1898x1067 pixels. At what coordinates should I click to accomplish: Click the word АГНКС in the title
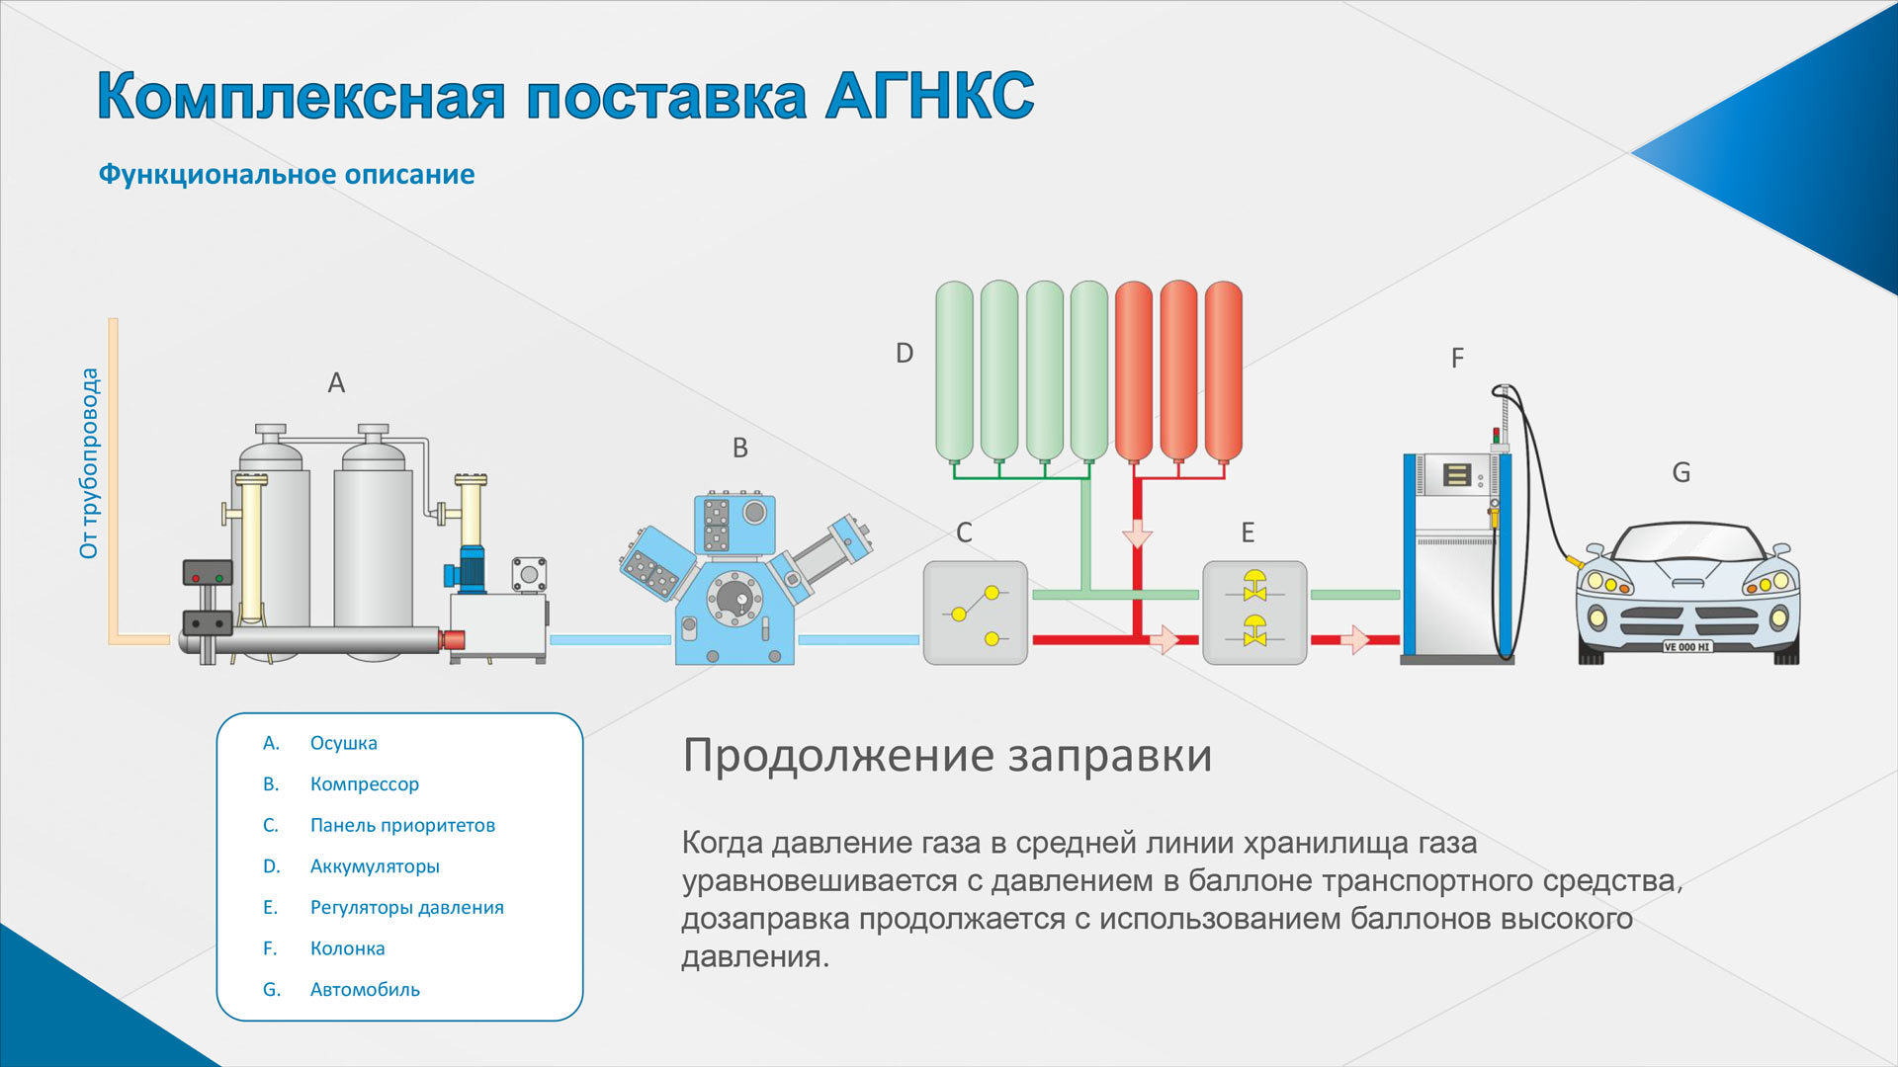[x=930, y=97]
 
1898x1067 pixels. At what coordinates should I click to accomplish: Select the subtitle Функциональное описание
[x=287, y=175]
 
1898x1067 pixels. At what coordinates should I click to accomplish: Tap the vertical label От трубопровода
[x=89, y=463]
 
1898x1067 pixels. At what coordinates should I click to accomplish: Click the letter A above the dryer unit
[x=336, y=382]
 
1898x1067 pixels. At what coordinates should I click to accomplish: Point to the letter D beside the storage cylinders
[x=905, y=353]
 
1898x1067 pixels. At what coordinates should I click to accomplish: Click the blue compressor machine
[x=746, y=578]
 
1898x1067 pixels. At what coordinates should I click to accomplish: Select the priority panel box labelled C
[x=976, y=613]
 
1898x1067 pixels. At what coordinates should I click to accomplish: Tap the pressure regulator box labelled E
[x=1254, y=613]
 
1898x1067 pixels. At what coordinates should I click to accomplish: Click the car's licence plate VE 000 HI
[x=1687, y=647]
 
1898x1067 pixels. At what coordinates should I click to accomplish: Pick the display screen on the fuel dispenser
[x=1456, y=475]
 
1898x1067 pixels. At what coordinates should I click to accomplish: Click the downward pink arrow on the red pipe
[x=1138, y=534]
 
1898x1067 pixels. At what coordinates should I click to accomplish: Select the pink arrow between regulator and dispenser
[x=1355, y=640]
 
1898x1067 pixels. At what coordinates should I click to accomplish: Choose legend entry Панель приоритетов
[x=402, y=825]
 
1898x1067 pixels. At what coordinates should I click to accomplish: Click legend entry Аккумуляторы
[x=375, y=866]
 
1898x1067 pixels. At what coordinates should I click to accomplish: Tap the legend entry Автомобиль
[x=365, y=989]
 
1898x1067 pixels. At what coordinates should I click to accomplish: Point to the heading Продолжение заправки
[x=947, y=756]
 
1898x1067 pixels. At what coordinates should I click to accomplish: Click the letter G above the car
[x=1681, y=472]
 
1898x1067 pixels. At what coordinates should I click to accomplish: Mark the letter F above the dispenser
[x=1457, y=358]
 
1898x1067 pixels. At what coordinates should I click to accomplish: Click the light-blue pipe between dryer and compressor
[x=611, y=640]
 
